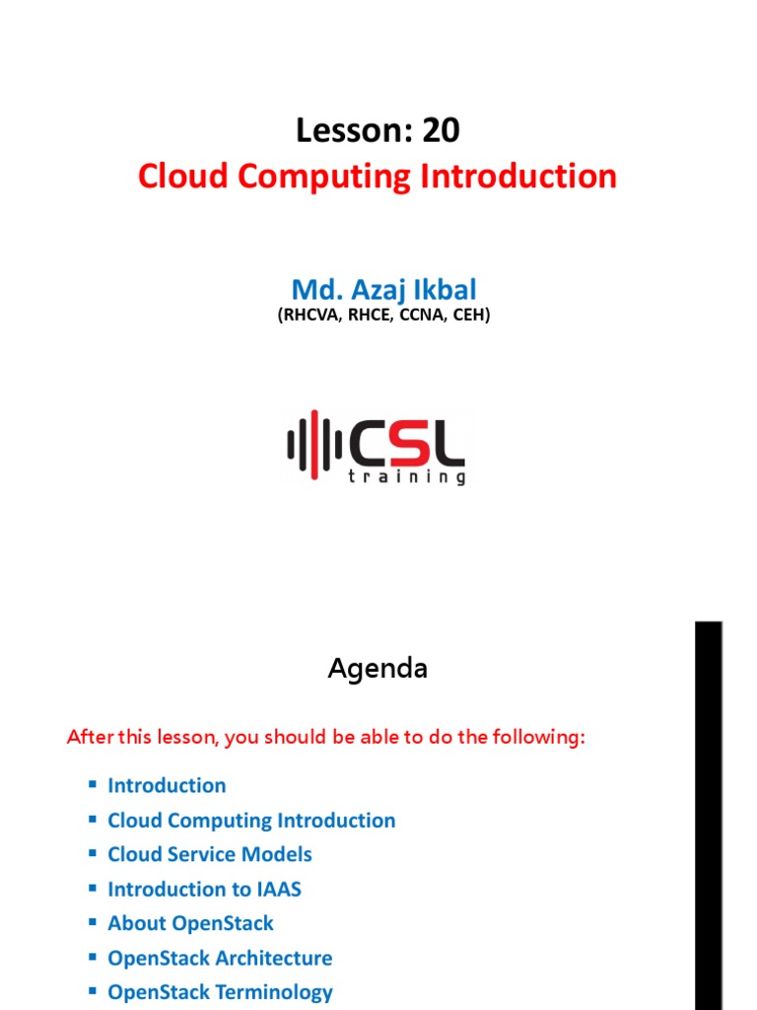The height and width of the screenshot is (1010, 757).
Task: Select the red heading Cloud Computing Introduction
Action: tap(378, 178)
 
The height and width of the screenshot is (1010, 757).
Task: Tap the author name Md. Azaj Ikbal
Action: tap(383, 290)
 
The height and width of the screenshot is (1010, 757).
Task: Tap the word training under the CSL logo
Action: tap(406, 477)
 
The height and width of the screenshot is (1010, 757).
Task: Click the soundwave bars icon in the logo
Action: tap(313, 446)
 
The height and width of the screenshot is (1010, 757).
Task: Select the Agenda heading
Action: tap(378, 670)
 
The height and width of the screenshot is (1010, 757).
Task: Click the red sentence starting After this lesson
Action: tap(325, 738)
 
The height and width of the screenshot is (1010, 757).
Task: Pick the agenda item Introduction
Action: tap(167, 786)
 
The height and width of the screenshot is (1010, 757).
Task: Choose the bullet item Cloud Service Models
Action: tap(209, 855)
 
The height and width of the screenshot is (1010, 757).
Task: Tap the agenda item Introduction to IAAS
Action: tap(204, 890)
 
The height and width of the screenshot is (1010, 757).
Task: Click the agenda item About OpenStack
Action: tap(190, 924)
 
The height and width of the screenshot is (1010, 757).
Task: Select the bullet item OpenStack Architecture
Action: tap(220, 959)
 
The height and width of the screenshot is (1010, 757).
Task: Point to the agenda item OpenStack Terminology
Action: tap(220, 993)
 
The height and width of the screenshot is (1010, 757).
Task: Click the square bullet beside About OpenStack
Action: tap(93, 923)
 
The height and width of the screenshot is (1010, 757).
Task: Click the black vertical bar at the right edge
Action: tap(709, 815)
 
